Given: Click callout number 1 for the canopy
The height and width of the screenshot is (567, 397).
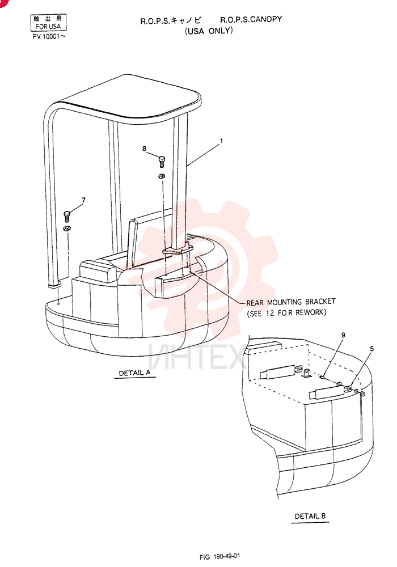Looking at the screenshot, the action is (221, 141).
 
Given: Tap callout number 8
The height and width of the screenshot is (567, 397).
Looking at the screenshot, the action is (144, 149).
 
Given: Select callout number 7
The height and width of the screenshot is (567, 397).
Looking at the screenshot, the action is (84, 200).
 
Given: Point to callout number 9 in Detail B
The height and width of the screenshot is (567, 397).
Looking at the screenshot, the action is (343, 335).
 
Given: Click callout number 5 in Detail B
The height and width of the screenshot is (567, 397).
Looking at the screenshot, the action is (371, 349).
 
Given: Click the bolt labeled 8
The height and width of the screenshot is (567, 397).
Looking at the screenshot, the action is (162, 161).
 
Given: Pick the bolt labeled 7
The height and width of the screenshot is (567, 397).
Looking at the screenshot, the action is (67, 216).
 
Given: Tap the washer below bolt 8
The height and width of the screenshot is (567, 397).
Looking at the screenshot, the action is (162, 176).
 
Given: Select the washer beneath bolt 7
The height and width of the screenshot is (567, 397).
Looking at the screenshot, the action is (66, 228).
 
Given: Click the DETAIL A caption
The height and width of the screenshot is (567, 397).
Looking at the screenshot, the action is (134, 373).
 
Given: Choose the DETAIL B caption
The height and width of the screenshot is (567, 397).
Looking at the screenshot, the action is (310, 516).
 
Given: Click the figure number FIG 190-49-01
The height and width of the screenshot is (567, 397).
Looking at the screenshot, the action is (219, 557).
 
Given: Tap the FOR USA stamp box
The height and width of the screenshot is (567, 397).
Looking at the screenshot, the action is (48, 23).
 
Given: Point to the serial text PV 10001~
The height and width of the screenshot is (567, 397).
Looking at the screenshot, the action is (49, 36).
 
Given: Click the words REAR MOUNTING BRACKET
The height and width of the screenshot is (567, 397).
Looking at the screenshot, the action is (291, 302).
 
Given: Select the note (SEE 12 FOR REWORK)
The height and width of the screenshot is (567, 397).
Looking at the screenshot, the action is (287, 313).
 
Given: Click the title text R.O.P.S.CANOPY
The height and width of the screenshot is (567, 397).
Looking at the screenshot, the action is (251, 19).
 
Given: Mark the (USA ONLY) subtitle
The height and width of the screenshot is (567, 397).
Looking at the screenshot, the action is (209, 31).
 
